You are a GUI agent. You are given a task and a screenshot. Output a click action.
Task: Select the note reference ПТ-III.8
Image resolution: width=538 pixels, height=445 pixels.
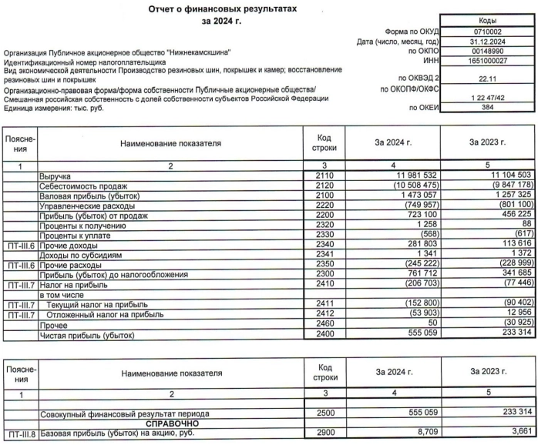click(x=18, y=434)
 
